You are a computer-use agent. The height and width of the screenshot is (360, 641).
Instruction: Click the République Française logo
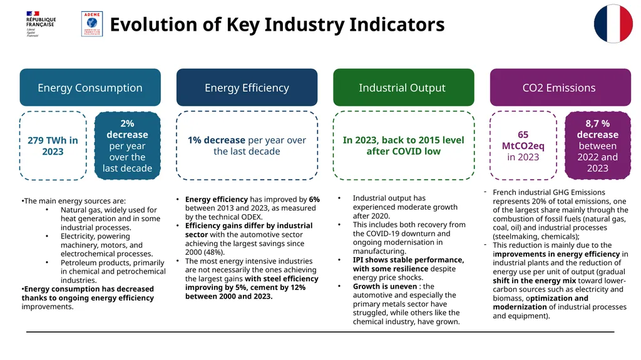41,24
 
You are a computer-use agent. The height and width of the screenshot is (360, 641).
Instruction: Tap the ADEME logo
92,24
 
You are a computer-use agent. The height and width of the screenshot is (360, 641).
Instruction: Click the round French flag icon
613,24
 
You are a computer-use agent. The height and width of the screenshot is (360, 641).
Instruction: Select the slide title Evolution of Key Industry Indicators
277,25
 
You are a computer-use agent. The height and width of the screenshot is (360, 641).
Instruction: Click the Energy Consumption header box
90,88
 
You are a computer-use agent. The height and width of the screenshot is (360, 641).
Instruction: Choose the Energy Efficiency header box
247,88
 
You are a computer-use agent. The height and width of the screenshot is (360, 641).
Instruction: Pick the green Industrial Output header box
403,88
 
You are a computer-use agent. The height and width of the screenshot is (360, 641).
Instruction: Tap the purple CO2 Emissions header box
559,88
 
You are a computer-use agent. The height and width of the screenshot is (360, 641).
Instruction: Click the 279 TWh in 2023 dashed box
53,146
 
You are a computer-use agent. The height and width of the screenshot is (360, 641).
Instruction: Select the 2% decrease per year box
127,146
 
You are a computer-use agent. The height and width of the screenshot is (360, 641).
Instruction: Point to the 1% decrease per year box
247,146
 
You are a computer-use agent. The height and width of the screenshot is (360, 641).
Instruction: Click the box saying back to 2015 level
403,146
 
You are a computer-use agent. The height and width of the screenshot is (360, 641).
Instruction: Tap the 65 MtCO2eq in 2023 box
523,146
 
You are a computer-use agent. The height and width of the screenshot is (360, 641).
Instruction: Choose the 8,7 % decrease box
597,146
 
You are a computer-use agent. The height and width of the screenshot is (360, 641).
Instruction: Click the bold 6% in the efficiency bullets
314,200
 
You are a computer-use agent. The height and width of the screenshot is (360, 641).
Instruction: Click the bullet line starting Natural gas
109,210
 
